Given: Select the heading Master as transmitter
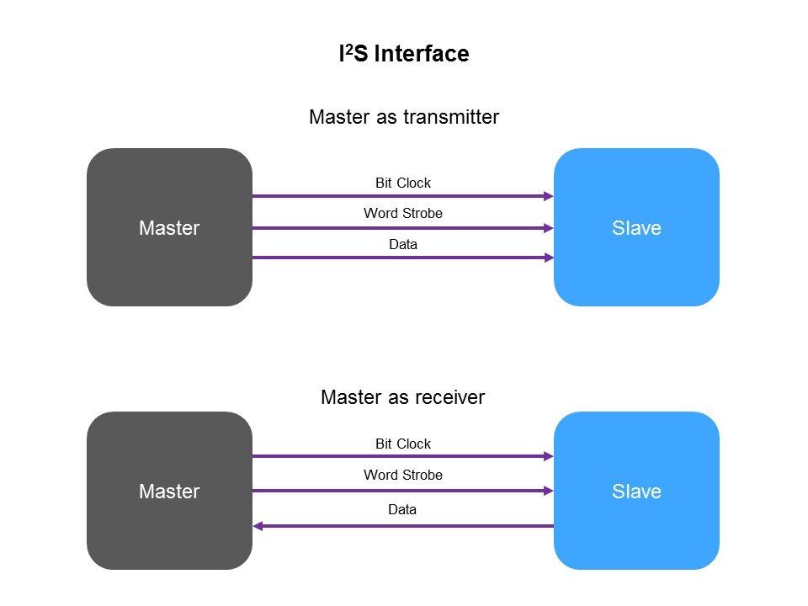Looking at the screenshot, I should [x=404, y=117].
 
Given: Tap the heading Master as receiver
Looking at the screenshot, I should [x=403, y=397].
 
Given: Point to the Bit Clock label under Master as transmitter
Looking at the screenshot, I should [x=403, y=183].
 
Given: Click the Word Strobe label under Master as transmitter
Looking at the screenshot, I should [x=403, y=214].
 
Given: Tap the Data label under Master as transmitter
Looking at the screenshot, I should [x=403, y=245].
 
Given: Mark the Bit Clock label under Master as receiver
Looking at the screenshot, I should [x=403, y=444].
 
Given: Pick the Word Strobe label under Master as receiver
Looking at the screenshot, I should [x=403, y=476].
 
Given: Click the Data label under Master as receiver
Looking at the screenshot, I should [x=403, y=510].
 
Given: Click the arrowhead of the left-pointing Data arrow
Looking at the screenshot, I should [x=258, y=526].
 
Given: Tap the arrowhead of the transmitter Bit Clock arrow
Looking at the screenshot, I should [x=549, y=196].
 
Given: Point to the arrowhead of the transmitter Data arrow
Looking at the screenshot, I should [x=549, y=258].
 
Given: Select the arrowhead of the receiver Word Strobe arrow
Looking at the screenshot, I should [x=549, y=491].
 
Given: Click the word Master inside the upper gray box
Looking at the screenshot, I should [x=169, y=228].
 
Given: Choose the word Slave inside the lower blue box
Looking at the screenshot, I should [x=636, y=492].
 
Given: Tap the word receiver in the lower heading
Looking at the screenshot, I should [x=450, y=397].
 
